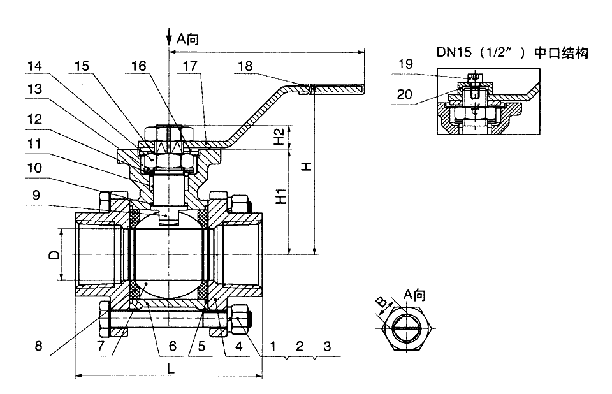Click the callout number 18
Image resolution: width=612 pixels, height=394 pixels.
pyautogui.click(x=245, y=66)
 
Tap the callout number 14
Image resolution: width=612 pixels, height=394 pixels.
pyautogui.click(x=34, y=66)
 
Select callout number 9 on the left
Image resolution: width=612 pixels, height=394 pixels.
pyautogui.click(x=36, y=194)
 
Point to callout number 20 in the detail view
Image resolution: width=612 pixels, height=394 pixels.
pyautogui.click(x=405, y=94)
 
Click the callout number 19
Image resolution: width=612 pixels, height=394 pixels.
pyautogui.click(x=405, y=64)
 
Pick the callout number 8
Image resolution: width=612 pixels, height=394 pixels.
pyautogui.click(x=38, y=346)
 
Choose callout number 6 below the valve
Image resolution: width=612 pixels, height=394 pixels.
pyautogui.click(x=173, y=346)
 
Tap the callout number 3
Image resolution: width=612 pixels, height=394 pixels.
pyautogui.click(x=327, y=346)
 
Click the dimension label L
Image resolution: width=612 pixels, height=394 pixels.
pyautogui.click(x=171, y=368)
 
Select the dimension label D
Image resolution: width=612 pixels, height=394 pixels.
pyautogui.click(x=55, y=255)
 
